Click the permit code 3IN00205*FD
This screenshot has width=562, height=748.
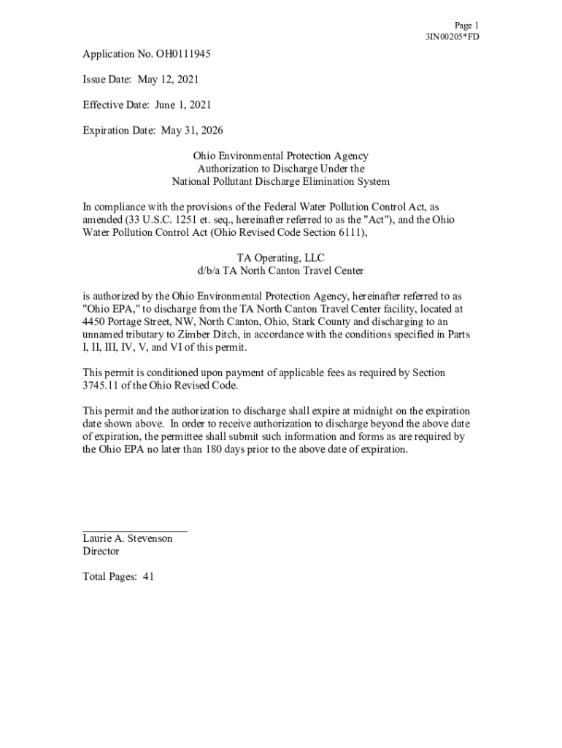453,37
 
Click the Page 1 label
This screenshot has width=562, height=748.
466,25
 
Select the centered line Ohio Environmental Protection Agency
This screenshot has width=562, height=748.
280,156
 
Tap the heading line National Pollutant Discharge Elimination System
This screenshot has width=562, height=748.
280,182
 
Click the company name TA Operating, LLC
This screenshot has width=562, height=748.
280,258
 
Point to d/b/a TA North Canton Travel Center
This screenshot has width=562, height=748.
280,271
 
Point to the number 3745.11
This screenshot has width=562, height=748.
104,386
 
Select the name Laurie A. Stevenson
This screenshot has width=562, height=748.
128,538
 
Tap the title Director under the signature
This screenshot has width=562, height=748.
101,552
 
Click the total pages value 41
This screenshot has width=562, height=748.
148,576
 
